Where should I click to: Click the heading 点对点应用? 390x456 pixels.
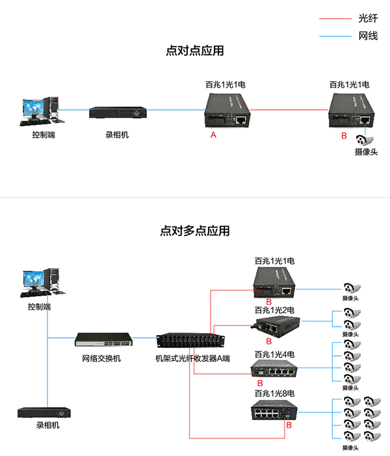(195, 51)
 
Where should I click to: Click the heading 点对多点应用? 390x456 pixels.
(195, 231)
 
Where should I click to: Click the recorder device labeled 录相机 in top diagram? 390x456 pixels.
(118, 112)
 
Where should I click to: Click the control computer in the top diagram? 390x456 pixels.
(40, 110)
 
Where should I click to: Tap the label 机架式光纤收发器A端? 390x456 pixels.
(192, 358)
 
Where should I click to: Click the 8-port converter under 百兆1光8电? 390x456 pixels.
(274, 411)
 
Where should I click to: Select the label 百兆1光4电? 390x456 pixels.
(274, 355)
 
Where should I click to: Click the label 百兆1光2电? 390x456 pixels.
(274, 310)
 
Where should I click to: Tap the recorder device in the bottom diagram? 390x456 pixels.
(45, 412)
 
